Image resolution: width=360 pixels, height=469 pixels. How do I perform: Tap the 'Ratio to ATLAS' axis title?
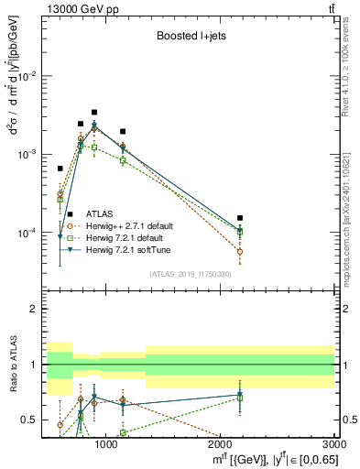(13, 365)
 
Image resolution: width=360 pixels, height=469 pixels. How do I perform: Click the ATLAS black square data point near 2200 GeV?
(240, 218)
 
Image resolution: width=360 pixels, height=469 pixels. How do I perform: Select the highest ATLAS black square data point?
(94, 112)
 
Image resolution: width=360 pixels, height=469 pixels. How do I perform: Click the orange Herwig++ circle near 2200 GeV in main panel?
(240, 251)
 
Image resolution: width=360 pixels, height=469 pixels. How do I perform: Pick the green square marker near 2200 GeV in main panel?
(240, 233)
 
